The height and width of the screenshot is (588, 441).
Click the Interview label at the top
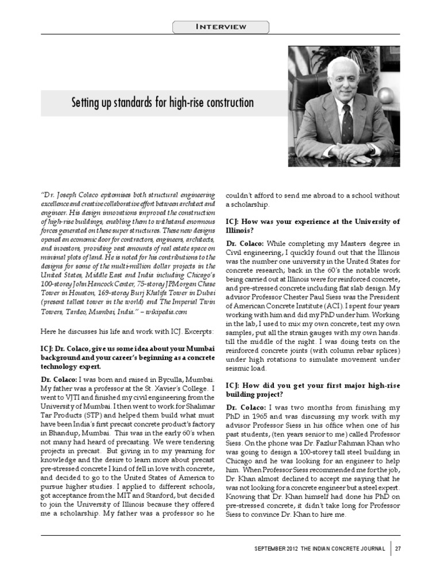pos(221,26)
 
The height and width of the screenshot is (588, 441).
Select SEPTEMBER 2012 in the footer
pos(275,549)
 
